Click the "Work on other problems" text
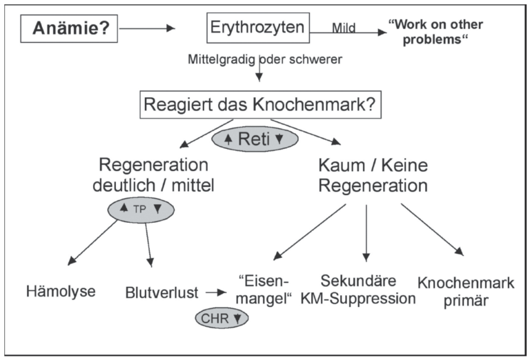point(435,30)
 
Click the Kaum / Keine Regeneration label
point(373,174)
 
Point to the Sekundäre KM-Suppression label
point(368,290)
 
